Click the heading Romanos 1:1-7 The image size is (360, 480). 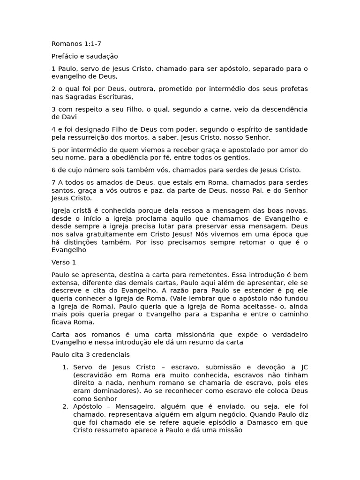click(76, 44)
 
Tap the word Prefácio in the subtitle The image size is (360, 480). click(65, 56)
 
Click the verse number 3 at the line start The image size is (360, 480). click(53, 109)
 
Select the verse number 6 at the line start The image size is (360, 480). click(53, 170)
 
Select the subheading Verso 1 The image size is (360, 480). click(63, 262)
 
